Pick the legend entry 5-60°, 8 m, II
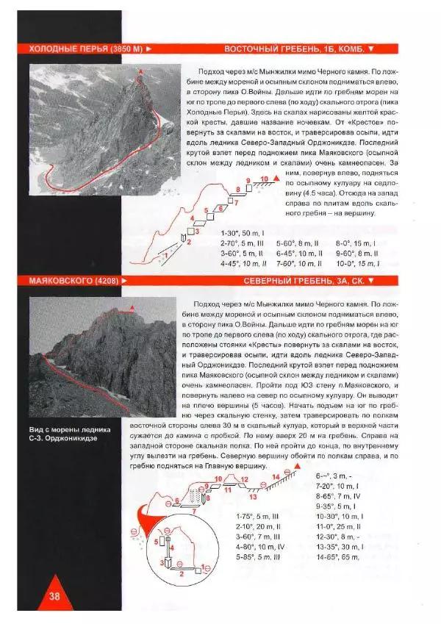click(298, 243)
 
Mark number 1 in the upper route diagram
click(165, 254)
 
